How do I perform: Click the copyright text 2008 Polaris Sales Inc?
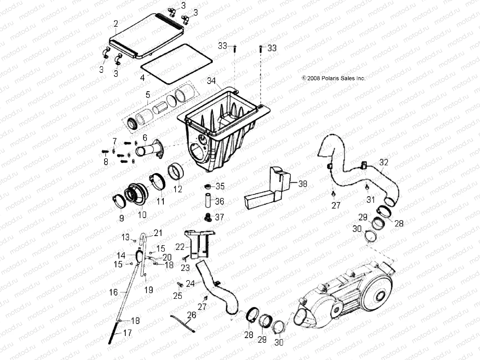(x=334, y=78)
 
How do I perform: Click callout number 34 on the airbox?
(x=211, y=81)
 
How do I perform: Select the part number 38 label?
(x=303, y=184)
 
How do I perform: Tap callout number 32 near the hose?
(x=384, y=162)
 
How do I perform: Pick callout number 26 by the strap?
(x=191, y=315)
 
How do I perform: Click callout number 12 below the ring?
(x=178, y=189)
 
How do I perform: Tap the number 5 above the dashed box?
(x=148, y=95)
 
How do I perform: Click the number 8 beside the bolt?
(x=106, y=162)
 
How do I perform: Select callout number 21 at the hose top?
(x=158, y=232)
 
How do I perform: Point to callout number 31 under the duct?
(x=371, y=199)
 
